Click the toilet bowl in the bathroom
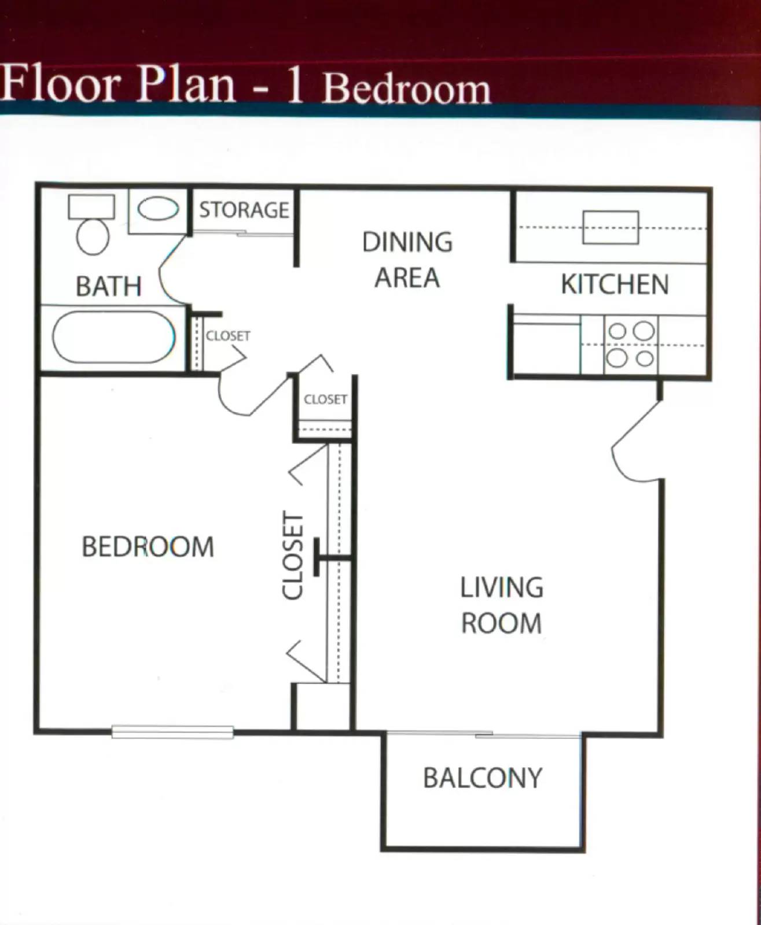click(x=93, y=235)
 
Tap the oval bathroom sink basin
click(x=157, y=209)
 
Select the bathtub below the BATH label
click(x=113, y=338)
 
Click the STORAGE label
click(x=244, y=210)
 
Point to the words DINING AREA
click(x=407, y=260)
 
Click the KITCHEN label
click(x=615, y=284)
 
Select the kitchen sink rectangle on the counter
click(x=611, y=227)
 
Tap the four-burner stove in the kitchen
click(x=630, y=345)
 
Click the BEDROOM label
click(x=148, y=547)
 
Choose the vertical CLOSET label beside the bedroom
click(x=293, y=555)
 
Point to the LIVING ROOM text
click(x=501, y=605)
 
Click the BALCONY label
click(x=483, y=778)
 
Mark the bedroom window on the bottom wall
click(x=172, y=732)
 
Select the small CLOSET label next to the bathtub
click(x=228, y=336)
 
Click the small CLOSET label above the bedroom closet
click(x=325, y=399)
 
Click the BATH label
click(x=108, y=286)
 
